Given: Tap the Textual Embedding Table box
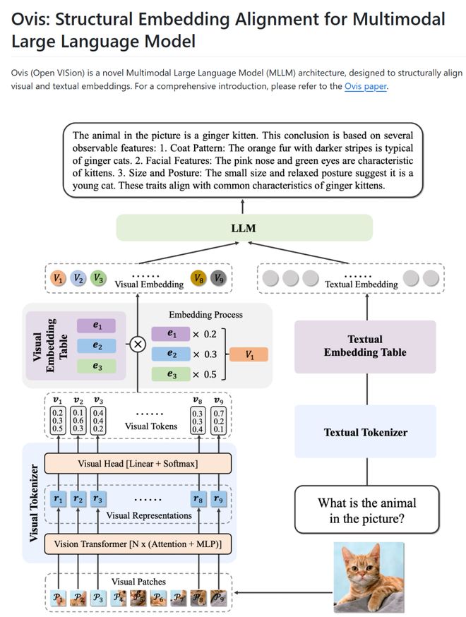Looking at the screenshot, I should click(x=365, y=346).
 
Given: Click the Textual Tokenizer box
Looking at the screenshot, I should click(x=365, y=432).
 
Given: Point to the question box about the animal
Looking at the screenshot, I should click(x=366, y=509).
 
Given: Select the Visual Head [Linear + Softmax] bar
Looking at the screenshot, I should click(x=138, y=463).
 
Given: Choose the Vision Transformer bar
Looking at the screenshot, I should click(x=138, y=544).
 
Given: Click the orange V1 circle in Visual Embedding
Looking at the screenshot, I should click(x=59, y=279).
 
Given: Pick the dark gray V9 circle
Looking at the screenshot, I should click(x=219, y=279).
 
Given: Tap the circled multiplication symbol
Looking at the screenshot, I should click(x=138, y=345).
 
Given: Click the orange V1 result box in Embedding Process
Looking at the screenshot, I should click(x=249, y=354).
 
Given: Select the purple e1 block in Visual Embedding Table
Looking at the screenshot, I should click(x=99, y=325).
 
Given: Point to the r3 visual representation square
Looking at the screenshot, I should click(x=98, y=499).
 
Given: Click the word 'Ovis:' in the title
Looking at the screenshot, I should click(x=36, y=19).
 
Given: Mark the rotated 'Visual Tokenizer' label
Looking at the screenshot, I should click(x=34, y=503).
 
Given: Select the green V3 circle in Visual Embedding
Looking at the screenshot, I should click(x=99, y=279).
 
